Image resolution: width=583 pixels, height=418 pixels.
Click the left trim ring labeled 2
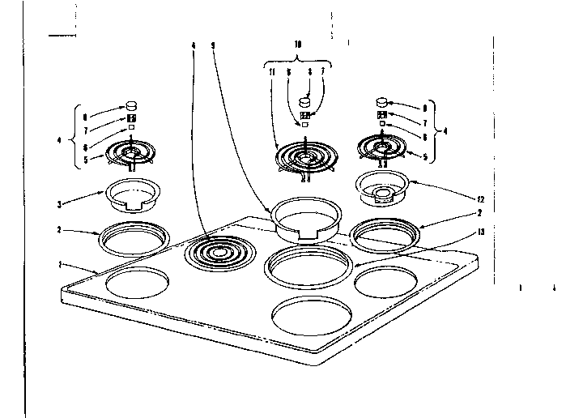click(x=135, y=239)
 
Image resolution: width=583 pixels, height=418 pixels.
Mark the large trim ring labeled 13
click(x=310, y=267)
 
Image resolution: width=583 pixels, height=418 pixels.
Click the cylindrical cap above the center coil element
click(x=305, y=102)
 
